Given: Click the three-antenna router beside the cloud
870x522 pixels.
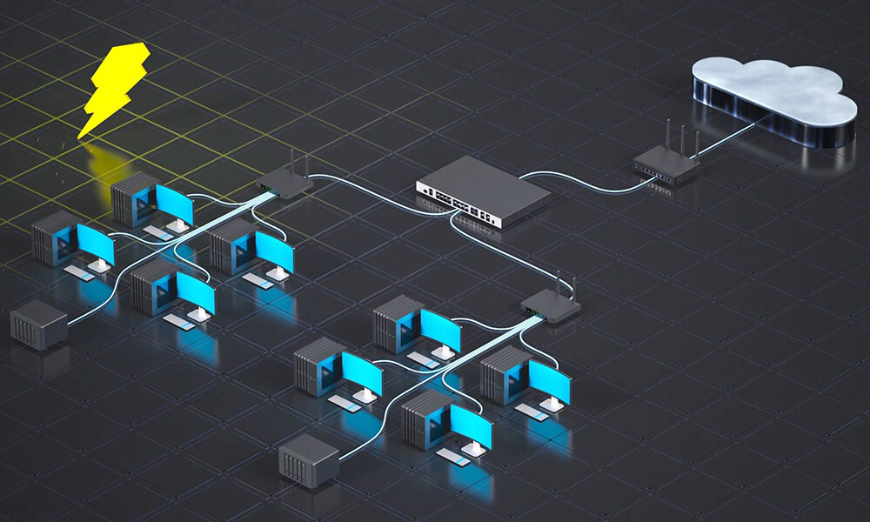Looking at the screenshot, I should click(666, 163).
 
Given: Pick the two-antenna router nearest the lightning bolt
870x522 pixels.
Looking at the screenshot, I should click(285, 183).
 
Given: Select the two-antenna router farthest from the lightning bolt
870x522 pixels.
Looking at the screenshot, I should click(552, 306).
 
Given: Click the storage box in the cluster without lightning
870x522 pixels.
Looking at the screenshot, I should click(308, 456).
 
